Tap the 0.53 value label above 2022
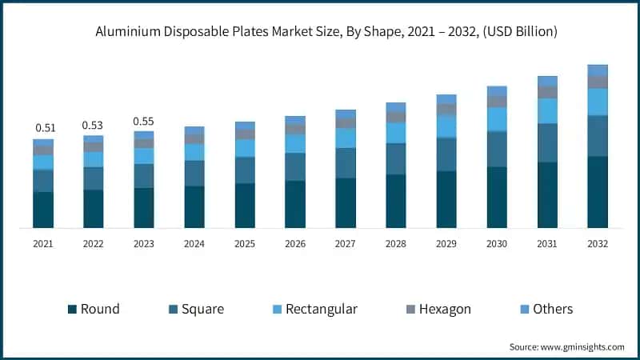coord(94,126)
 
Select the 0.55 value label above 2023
coord(144,122)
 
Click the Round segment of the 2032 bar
coord(598,192)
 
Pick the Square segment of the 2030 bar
coord(497,149)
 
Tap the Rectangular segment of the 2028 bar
coord(396,133)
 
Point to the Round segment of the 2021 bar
coord(43,210)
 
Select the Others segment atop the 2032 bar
coord(598,70)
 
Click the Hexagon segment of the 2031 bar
coord(547,92)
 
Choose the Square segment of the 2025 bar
coord(245,170)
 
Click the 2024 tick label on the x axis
coord(194,244)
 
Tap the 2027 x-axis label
coord(346,244)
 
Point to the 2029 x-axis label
coord(446,244)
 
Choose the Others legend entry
coord(546,309)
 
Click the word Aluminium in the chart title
coord(126,32)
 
